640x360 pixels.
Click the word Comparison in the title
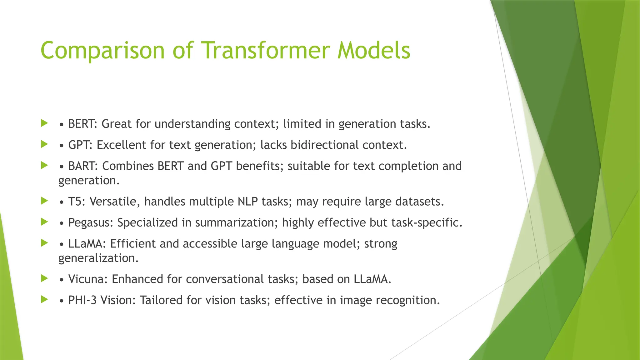click(x=102, y=51)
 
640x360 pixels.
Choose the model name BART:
click(x=83, y=166)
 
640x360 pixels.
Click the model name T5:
click(x=77, y=202)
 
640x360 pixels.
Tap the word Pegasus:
click(x=91, y=223)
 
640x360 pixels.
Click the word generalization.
click(x=98, y=258)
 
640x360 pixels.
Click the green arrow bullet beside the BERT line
click(x=44, y=123)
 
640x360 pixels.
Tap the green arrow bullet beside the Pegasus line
click(x=44, y=222)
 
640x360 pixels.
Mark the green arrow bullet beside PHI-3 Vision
click(x=44, y=299)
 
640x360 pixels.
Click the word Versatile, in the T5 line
click(x=115, y=202)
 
